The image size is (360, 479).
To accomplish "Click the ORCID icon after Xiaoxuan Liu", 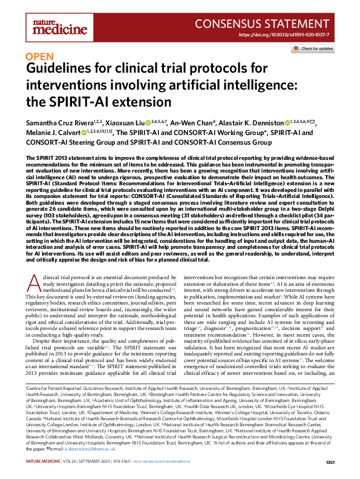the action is (x=147, y=122).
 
